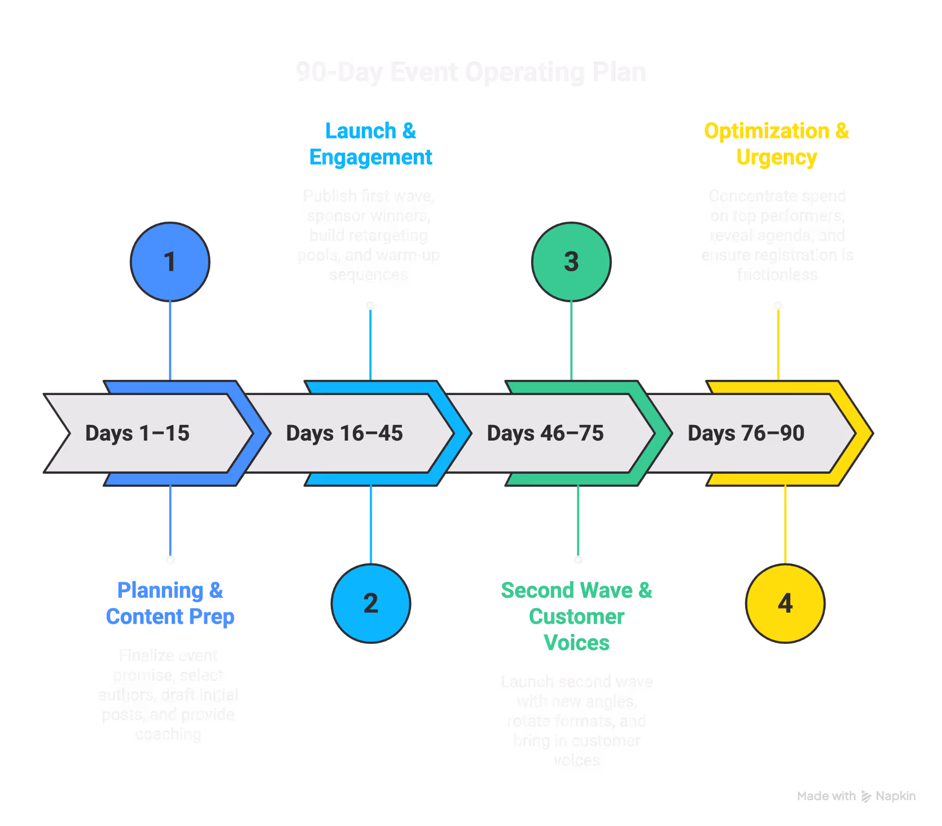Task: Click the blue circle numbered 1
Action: click(x=170, y=262)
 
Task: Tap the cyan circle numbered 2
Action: click(x=371, y=603)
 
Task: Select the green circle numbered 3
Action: click(x=571, y=262)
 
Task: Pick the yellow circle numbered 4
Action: click(x=785, y=603)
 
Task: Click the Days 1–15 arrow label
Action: click(x=138, y=433)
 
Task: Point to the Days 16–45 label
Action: click(x=344, y=433)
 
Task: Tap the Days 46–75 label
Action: click(x=545, y=433)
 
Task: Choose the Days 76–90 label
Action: click(x=746, y=433)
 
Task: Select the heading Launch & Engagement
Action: click(x=371, y=144)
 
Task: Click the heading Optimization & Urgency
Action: click(x=776, y=144)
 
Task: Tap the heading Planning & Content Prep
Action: click(x=170, y=603)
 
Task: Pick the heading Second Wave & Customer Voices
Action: click(x=576, y=616)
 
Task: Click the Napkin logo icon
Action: click(x=866, y=797)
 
